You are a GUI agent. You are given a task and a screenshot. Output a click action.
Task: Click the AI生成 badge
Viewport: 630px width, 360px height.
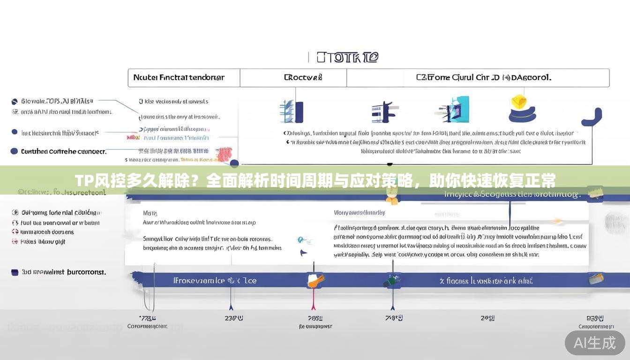point(594,343)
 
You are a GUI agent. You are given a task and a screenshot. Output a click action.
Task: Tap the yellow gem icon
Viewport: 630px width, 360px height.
point(519,102)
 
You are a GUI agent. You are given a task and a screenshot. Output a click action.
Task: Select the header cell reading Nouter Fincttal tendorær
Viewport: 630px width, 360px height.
point(179,77)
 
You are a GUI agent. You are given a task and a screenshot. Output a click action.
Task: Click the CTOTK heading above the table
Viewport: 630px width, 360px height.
point(347,57)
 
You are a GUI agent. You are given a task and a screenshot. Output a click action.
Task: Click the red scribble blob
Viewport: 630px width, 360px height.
point(225,154)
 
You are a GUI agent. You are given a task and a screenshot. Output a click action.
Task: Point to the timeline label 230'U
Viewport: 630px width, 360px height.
point(233,318)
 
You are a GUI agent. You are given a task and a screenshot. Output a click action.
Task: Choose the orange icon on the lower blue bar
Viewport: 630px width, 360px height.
point(315,280)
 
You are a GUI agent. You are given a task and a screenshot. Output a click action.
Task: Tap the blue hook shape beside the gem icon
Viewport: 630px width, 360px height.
point(593,118)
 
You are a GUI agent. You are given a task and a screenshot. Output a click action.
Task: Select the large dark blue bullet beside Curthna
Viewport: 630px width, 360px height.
point(14,151)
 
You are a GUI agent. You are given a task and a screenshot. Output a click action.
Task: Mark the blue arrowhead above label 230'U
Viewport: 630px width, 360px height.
point(231,307)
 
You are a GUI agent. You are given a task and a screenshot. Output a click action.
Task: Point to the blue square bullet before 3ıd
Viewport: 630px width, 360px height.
point(15,272)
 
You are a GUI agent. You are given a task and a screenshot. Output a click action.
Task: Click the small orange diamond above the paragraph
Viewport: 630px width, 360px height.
point(557,220)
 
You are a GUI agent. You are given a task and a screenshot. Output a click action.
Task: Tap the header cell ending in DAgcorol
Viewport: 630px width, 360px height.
point(483,77)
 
